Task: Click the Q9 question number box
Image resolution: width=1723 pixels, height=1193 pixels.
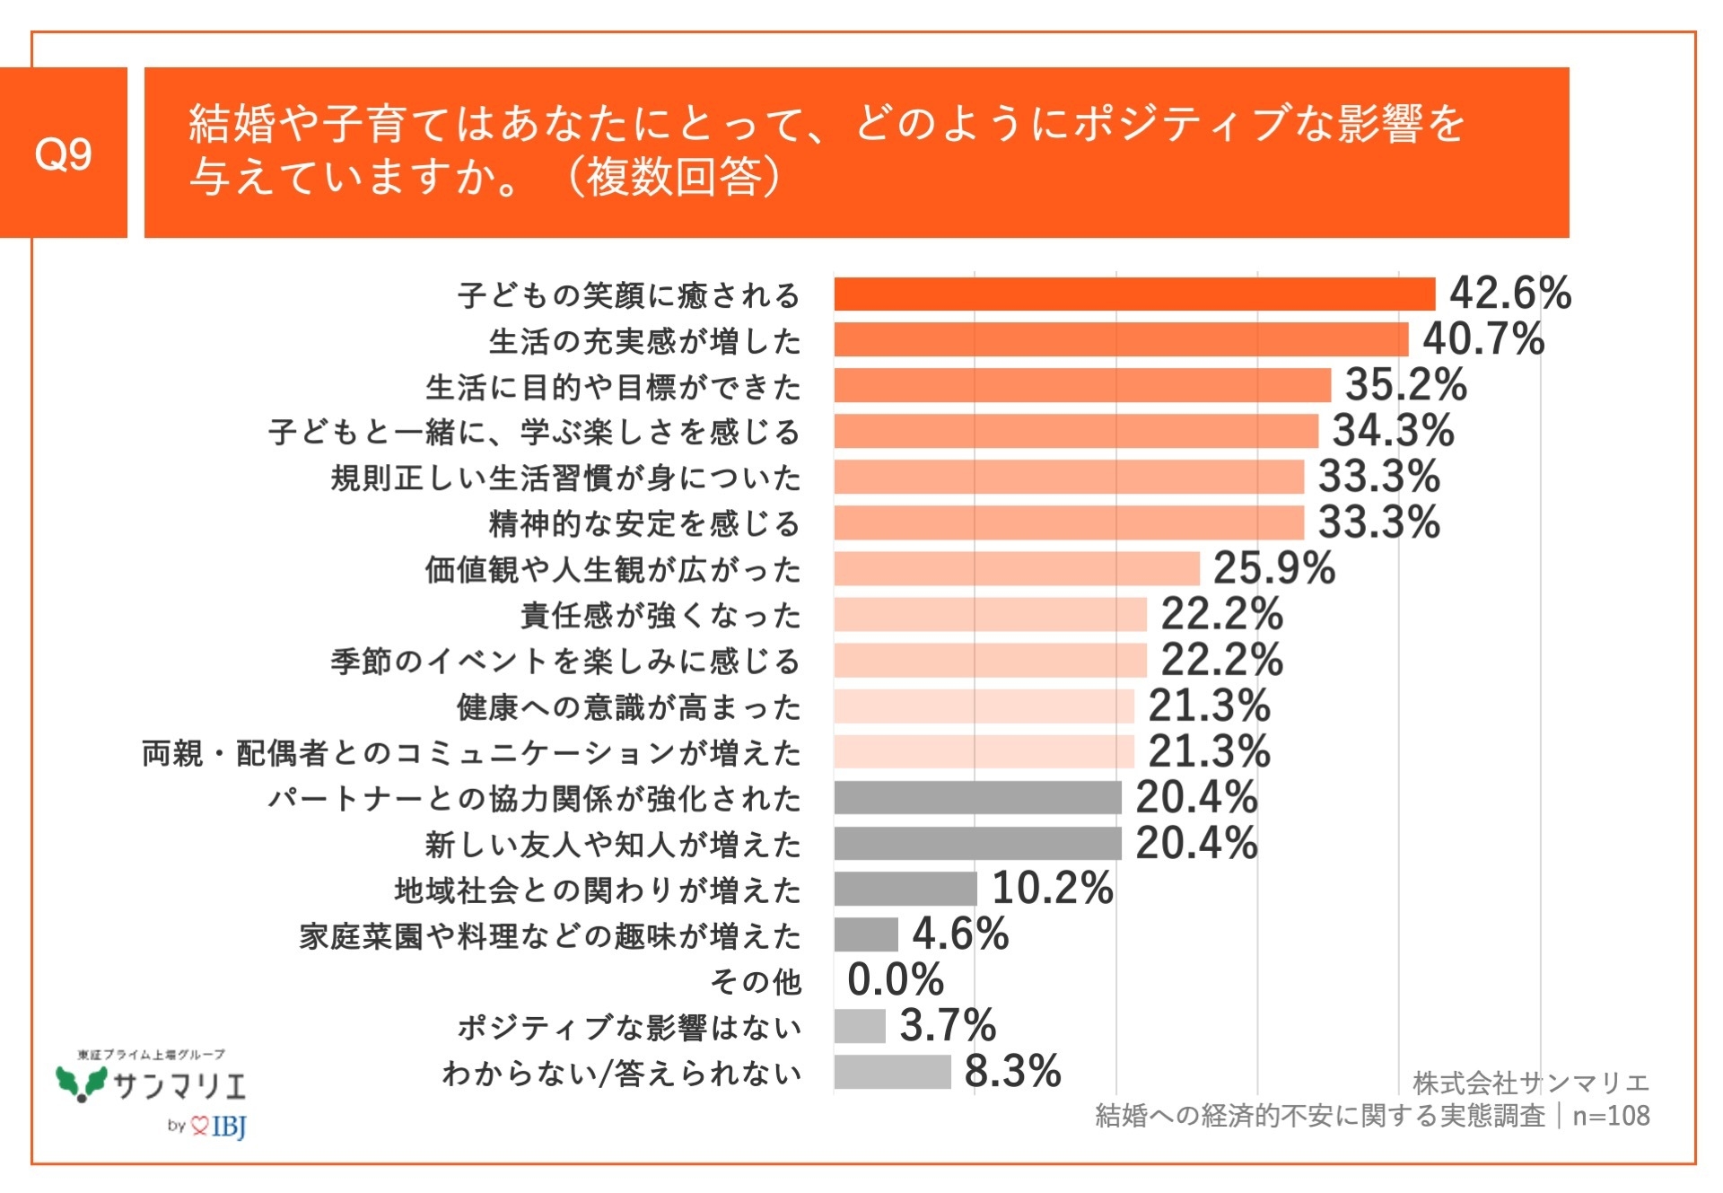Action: point(63,153)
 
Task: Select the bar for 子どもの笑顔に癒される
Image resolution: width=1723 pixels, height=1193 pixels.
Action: point(1134,294)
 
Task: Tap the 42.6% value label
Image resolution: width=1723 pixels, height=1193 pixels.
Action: point(1510,294)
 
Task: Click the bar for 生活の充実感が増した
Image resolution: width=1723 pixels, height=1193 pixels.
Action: point(1121,340)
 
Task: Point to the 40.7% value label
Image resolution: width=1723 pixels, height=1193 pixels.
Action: point(1483,339)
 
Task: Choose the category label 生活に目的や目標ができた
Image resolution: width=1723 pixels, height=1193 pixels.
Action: point(613,387)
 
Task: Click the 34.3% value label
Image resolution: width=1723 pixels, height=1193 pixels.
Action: point(1393,431)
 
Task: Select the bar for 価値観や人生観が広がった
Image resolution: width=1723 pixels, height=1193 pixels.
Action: point(1017,568)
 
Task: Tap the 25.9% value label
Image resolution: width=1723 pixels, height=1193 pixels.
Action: point(1274,568)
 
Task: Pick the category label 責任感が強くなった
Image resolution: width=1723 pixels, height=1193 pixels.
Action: point(660,615)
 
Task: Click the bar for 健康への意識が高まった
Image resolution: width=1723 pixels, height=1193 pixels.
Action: point(984,706)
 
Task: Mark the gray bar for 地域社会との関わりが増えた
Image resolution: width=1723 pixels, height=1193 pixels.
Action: point(905,889)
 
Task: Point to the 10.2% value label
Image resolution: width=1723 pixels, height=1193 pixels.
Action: point(1052,889)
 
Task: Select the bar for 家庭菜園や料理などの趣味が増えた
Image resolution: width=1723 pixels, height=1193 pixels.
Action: point(866,934)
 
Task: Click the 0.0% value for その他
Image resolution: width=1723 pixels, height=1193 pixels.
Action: point(895,979)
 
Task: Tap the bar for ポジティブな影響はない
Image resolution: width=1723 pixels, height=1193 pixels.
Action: point(860,1026)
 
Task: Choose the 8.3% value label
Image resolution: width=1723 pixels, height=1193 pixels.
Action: point(1012,1071)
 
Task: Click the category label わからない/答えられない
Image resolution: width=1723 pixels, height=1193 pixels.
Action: point(621,1073)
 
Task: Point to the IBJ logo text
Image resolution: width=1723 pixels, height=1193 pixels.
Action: point(229,1126)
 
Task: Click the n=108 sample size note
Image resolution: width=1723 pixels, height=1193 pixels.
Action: point(1611,1116)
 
